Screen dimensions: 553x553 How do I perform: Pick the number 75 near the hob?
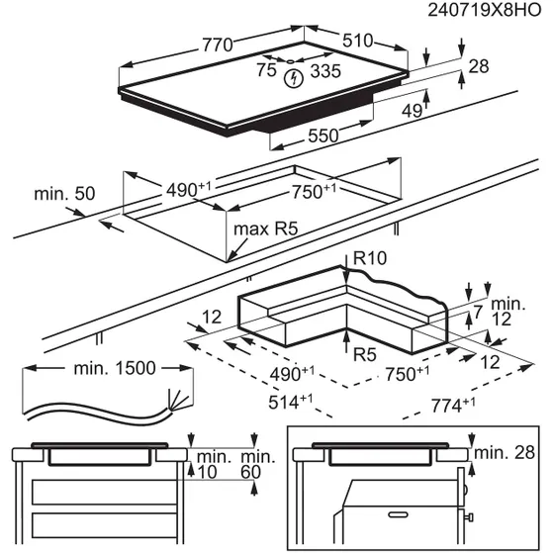pos(265,71)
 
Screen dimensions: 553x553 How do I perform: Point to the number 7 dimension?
pos(476,314)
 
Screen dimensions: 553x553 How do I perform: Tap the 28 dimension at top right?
pos(480,66)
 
